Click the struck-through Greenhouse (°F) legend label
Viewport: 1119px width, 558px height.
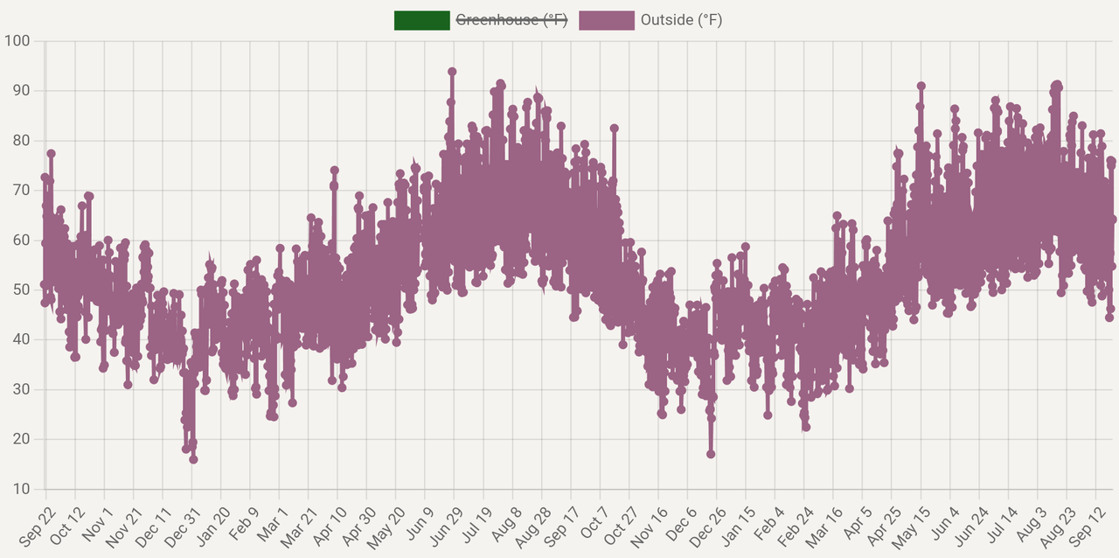511,20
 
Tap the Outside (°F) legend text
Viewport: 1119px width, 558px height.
681,20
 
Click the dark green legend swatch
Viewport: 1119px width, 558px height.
421,20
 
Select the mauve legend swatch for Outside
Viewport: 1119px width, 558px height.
606,20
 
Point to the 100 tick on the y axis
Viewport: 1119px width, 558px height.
17,41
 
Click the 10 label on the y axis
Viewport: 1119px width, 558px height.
21,489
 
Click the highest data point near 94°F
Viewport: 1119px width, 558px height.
452,72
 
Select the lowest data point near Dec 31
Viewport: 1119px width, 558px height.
193,459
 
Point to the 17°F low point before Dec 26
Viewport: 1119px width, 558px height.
711,454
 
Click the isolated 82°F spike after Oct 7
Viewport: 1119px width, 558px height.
615,129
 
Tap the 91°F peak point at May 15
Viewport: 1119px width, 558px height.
921,86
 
